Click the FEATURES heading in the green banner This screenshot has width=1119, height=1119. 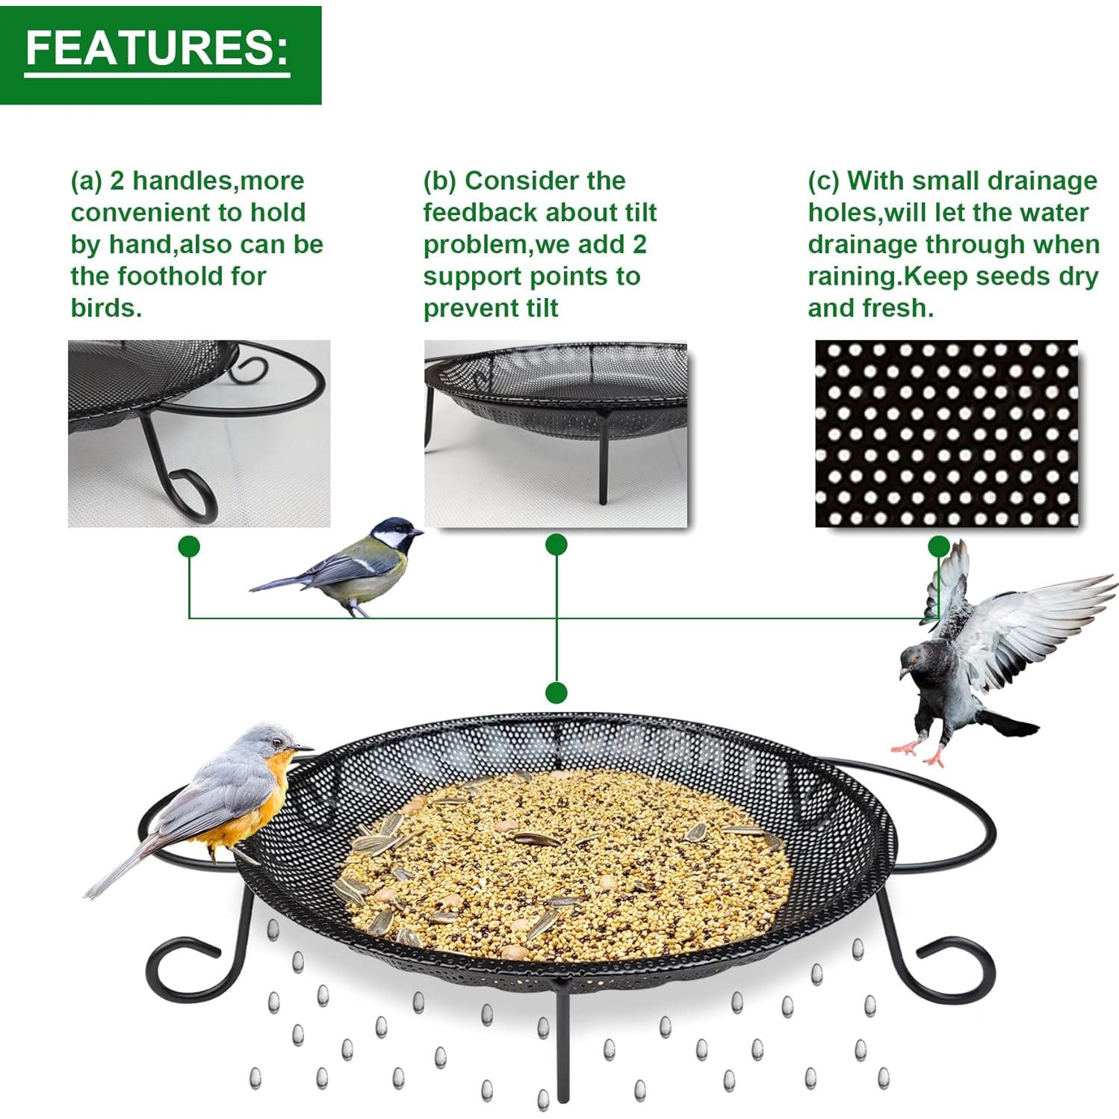click(157, 49)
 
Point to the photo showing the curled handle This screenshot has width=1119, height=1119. click(199, 434)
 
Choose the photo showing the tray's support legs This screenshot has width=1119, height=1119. click(556, 434)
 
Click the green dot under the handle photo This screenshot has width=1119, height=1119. click(189, 547)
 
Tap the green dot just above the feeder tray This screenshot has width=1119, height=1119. click(556, 692)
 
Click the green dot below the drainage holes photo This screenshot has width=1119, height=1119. click(939, 546)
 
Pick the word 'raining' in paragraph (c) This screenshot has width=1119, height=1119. click(852, 276)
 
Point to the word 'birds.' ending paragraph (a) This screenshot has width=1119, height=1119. click(106, 309)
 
